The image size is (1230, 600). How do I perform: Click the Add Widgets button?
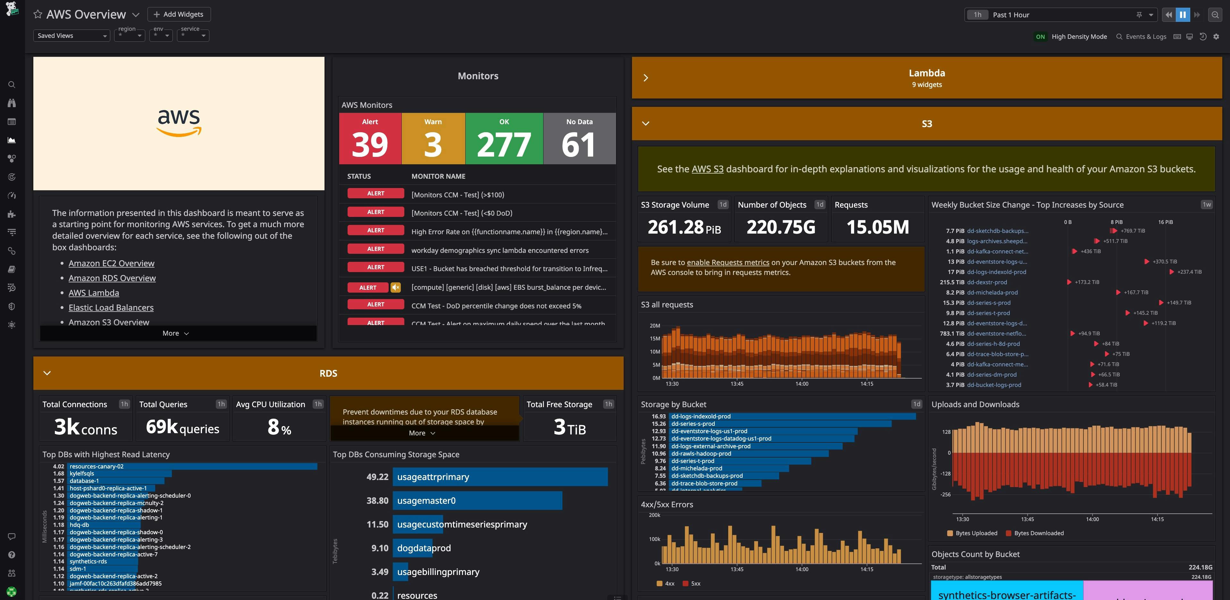coord(179,14)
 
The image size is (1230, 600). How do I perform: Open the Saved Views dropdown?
coord(71,36)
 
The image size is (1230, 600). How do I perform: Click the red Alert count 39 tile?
coord(370,139)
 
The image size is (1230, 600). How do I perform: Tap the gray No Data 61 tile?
coord(579,139)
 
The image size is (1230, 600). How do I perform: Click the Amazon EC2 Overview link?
coord(111,263)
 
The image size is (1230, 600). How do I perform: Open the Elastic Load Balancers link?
coord(111,308)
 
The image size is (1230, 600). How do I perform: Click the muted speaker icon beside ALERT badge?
coord(395,287)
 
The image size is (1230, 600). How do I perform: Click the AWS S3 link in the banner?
coord(707,169)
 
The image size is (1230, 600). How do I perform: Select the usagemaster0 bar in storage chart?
coord(477,501)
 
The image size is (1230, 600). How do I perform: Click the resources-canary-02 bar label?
coord(97,466)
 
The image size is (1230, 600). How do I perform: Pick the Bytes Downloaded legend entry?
coord(1039,533)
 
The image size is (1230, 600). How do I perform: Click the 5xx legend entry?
coord(695,583)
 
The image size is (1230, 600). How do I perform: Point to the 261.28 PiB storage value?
coord(684,227)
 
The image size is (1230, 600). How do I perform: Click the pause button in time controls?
coord(1183,15)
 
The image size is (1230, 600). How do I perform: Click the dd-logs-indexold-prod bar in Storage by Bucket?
coord(793,416)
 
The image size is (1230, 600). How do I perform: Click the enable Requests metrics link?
coord(728,262)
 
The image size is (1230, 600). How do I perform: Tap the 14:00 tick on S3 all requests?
coord(802,384)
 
